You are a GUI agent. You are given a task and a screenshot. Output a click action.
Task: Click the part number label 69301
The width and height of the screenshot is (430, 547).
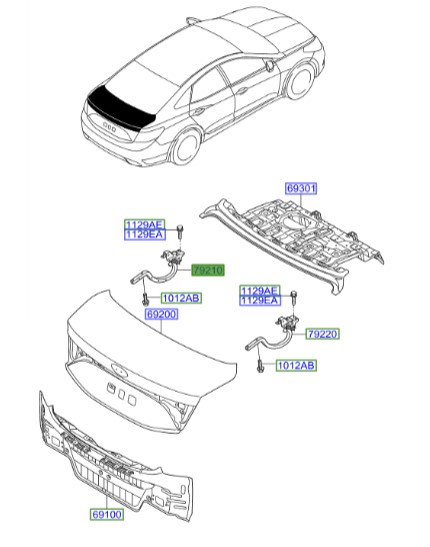300,188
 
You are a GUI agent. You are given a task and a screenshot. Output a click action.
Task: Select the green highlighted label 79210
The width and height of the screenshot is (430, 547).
209,270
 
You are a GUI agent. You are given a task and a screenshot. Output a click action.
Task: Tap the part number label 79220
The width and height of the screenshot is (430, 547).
324,335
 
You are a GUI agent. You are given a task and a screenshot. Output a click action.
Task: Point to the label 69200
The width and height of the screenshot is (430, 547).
161,313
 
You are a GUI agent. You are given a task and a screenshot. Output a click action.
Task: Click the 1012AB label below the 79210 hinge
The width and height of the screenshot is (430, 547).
180,298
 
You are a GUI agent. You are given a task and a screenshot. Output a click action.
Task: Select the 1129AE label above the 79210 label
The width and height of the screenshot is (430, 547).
143,224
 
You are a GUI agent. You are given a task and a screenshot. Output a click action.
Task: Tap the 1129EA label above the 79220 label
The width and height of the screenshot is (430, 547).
259,299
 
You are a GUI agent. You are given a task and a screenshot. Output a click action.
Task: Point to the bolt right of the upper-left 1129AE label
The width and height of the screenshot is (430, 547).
177,232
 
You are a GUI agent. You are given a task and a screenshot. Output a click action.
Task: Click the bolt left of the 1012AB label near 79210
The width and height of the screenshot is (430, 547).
147,297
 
